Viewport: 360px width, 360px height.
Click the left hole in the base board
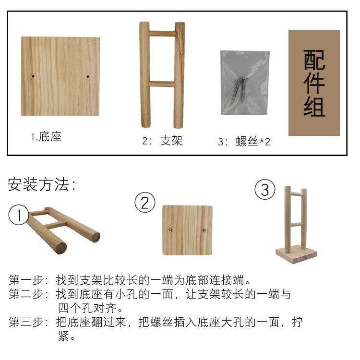[x=32, y=76]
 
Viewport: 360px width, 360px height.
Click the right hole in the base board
[x=89, y=76]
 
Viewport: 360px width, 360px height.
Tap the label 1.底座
[x=47, y=137]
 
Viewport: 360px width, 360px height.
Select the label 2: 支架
[x=162, y=141]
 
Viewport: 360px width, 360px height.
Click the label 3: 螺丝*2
[x=244, y=142]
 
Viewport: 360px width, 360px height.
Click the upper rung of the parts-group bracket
[x=162, y=34]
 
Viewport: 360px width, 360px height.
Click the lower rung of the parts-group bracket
[x=162, y=84]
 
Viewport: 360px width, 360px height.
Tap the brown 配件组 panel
[x=314, y=83]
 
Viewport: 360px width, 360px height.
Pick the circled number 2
[x=144, y=203]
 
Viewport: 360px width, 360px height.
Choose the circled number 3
[x=264, y=190]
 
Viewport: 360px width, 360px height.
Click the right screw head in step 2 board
[x=204, y=231]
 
